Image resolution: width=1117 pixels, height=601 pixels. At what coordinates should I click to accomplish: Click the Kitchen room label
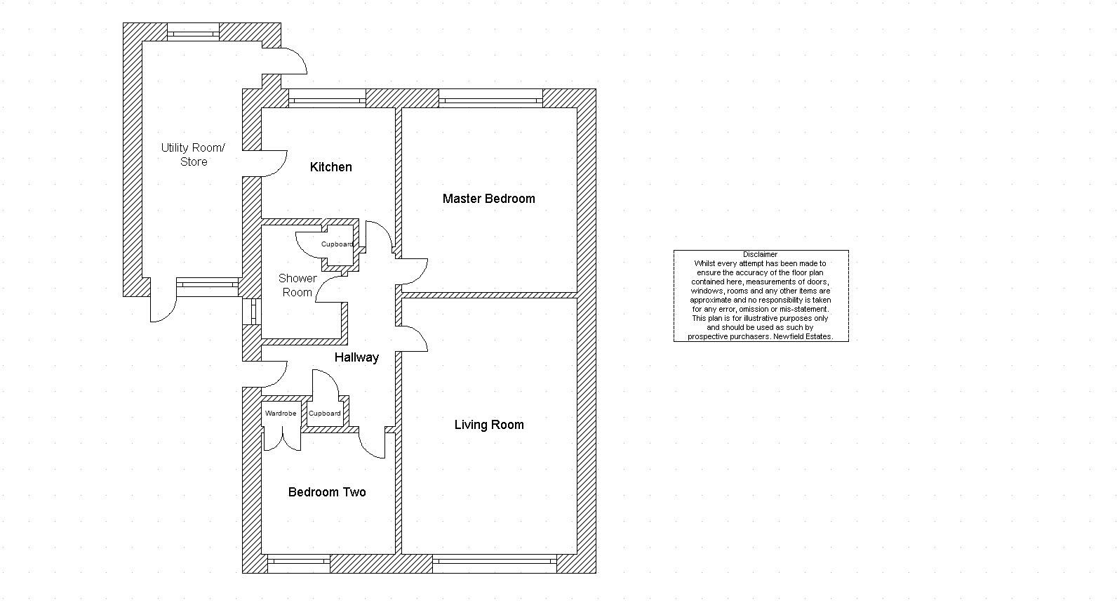[330, 166]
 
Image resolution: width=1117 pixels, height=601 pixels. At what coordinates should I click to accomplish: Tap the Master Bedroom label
[488, 199]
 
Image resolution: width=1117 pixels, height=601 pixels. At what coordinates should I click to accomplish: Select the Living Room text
[488, 425]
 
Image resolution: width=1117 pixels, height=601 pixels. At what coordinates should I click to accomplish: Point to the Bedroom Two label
[327, 492]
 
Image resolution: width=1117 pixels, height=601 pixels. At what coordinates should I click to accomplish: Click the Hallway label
[356, 357]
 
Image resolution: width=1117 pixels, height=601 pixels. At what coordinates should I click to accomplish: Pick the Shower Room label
[297, 285]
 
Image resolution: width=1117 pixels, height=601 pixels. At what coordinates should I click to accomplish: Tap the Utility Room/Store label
[193, 154]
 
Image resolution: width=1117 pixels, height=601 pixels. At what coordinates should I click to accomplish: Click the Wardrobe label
[281, 414]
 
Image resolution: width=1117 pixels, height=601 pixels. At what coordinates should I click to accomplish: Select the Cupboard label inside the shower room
[337, 244]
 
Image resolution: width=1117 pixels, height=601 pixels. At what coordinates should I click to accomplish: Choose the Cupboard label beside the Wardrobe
[325, 414]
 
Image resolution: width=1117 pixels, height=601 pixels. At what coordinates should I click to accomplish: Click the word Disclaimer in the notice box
[761, 255]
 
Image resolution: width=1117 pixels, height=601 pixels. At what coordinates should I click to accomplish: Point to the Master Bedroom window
[490, 98]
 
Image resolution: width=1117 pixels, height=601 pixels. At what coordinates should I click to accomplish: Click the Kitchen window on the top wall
[327, 98]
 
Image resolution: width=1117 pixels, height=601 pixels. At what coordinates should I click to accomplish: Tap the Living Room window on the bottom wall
[494, 564]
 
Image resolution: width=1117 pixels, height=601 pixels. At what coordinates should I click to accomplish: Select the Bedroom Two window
[299, 564]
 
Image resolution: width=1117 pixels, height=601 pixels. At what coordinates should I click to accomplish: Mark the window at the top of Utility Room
[193, 32]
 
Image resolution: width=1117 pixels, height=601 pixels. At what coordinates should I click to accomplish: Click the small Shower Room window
[252, 312]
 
